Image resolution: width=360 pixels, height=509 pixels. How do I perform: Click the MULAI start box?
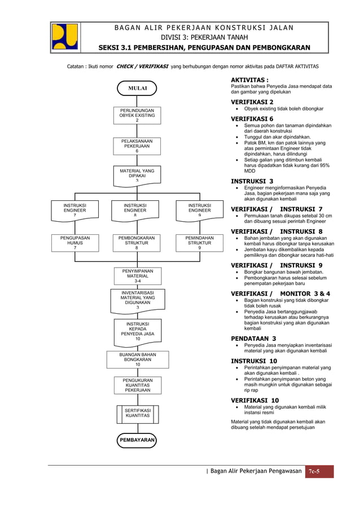[137, 89]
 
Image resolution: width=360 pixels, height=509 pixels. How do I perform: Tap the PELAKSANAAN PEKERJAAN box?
[137, 146]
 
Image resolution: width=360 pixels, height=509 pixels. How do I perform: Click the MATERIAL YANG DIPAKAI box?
[137, 174]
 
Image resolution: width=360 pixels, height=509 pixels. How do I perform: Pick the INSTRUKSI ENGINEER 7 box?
[75, 210]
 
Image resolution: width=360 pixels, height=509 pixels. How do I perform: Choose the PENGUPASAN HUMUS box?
[75, 243]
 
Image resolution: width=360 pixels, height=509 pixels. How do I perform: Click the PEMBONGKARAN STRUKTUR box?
[137, 243]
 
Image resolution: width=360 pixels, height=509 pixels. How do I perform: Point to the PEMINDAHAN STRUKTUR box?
[199, 243]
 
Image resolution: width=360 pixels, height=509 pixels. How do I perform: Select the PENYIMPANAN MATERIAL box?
[137, 276]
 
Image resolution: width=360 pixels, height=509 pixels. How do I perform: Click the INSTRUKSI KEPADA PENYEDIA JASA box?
[137, 331]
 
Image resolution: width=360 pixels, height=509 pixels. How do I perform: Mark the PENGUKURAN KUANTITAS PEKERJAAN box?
[137, 385]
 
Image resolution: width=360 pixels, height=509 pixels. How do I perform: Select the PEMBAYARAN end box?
[137, 440]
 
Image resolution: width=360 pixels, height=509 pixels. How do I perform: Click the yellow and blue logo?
[65, 36]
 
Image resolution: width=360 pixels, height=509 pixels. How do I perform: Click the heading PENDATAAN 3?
[253, 339]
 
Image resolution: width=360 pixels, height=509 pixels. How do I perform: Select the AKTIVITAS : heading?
[249, 80]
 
